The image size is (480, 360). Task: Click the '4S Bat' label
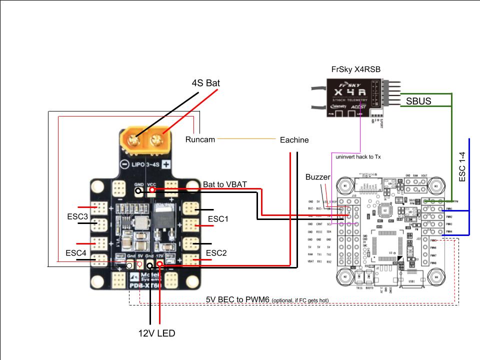[x=206, y=82]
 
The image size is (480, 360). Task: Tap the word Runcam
[x=200, y=139]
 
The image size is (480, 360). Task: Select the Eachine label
[x=294, y=140]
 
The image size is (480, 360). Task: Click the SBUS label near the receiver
[x=418, y=101]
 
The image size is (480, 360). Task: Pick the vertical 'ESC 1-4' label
[x=462, y=167]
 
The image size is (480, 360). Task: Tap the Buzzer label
[x=318, y=177]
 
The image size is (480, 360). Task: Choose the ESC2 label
[x=216, y=253]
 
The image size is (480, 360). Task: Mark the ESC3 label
[x=77, y=217]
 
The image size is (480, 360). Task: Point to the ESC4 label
[x=76, y=253]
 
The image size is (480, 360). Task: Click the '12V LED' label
[x=156, y=333]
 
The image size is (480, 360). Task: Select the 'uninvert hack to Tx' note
[x=358, y=157]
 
